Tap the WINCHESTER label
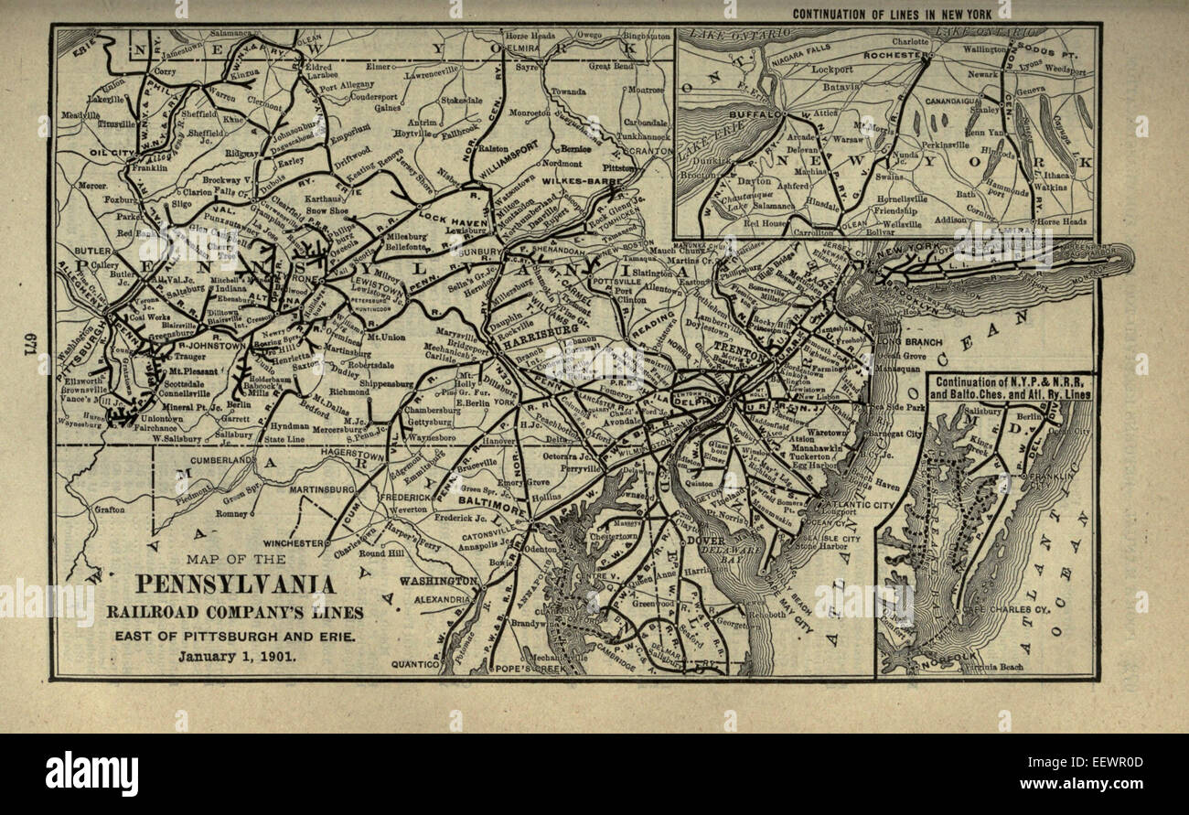(x=295, y=542)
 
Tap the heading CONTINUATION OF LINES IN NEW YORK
(x=901, y=14)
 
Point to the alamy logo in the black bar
(x=91, y=774)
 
